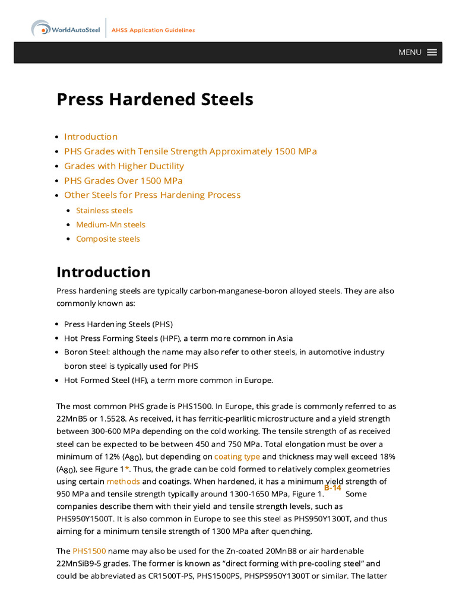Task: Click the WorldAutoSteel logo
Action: click(x=66, y=29)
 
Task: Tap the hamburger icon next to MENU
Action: click(x=432, y=52)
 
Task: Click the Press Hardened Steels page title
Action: click(x=155, y=99)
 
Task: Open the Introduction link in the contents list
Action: click(x=91, y=137)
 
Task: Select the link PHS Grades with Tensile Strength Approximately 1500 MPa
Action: click(x=191, y=151)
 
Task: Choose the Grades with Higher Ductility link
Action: click(x=124, y=166)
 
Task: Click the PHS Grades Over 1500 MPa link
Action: click(x=123, y=180)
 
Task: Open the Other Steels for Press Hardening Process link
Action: click(x=153, y=195)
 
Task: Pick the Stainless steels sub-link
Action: click(x=104, y=210)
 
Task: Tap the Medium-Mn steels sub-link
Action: click(x=110, y=224)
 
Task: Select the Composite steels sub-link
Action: click(x=108, y=239)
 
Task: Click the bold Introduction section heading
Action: click(x=103, y=273)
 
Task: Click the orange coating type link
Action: click(x=237, y=457)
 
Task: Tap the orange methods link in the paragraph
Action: click(x=123, y=482)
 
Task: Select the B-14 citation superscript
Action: click(x=332, y=487)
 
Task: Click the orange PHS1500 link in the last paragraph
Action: click(x=89, y=552)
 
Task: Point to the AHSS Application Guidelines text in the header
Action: click(x=153, y=30)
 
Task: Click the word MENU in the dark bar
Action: click(x=410, y=52)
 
